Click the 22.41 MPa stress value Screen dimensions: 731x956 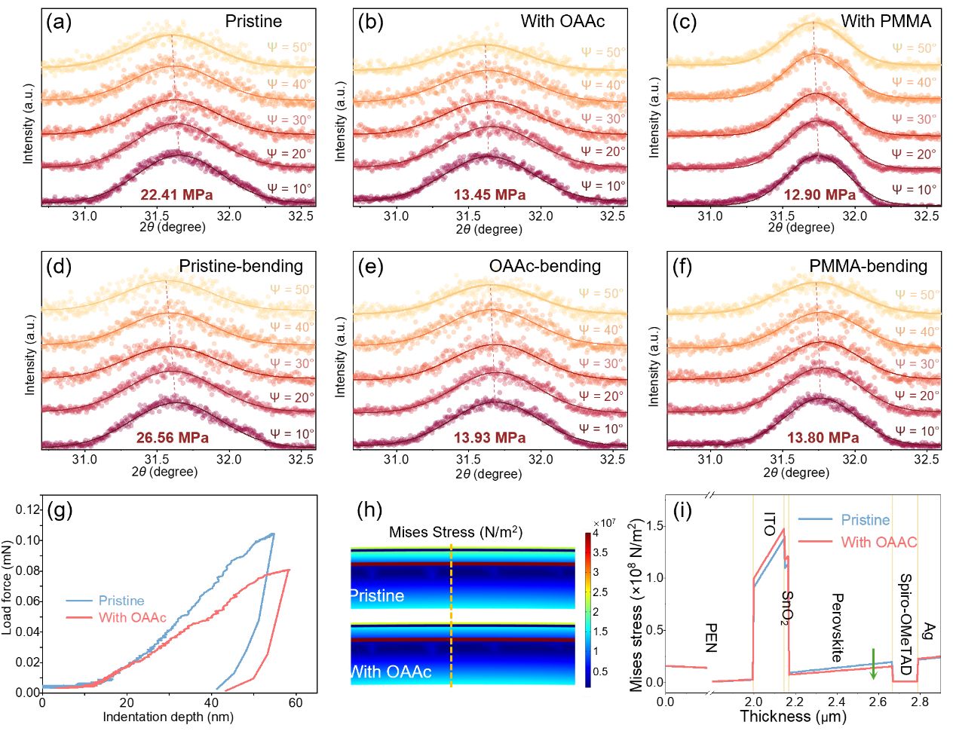pos(176,195)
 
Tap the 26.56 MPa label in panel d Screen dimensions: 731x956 pos(173,438)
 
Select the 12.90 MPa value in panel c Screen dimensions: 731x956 pos(820,195)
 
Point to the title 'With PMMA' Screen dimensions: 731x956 pos(886,21)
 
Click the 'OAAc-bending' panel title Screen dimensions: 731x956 pos(545,266)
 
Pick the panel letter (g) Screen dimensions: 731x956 pos(60,511)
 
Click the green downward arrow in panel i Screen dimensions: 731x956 pos(873,663)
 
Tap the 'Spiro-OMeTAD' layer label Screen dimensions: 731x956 pos(905,624)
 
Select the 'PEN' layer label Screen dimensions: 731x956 pos(709,637)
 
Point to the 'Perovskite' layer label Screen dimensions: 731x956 pos(837,627)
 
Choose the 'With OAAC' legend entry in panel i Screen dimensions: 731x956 pos(878,542)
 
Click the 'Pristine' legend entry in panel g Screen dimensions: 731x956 pos(121,601)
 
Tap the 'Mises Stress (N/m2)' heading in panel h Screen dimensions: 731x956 pos(455,533)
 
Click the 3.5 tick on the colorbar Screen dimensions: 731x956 pos(600,552)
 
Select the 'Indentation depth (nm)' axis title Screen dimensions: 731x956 pos(167,717)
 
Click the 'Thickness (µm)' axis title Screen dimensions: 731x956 pos(793,716)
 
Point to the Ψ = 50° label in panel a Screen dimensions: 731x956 pos(290,47)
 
